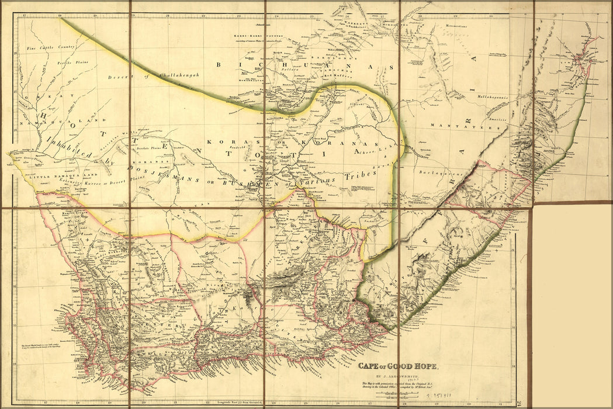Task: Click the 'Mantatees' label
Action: [451, 126]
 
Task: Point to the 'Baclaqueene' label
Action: [435, 174]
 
